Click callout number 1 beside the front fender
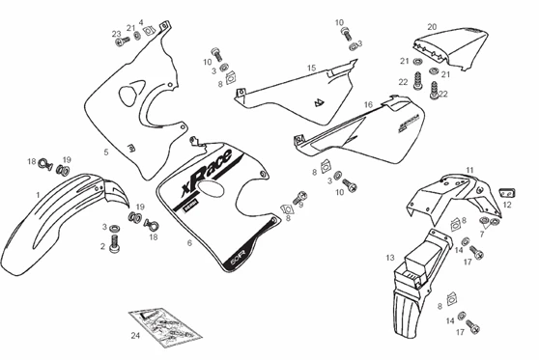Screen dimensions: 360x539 [37, 194]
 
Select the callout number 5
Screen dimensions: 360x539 [105, 152]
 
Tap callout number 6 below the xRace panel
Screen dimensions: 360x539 [189, 243]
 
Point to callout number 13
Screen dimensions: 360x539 [389, 258]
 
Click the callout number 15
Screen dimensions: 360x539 [312, 68]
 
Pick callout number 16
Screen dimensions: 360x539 [368, 104]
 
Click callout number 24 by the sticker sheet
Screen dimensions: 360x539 [136, 335]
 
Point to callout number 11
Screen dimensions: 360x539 [469, 171]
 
